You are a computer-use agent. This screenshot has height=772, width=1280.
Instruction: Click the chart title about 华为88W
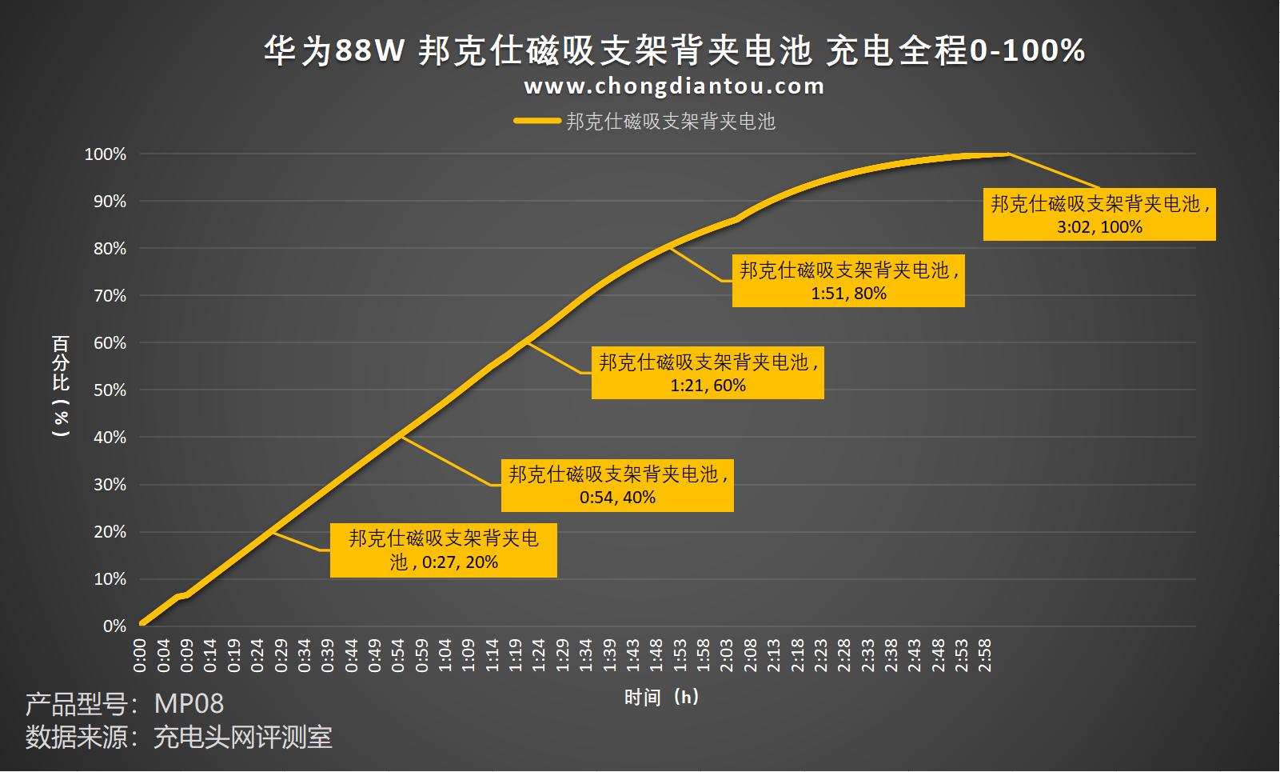coord(674,51)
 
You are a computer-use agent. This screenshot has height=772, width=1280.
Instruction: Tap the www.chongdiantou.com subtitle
coord(674,86)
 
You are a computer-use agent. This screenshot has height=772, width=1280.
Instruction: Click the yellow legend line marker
coord(536,122)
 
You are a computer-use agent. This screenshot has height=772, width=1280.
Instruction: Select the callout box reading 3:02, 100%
coord(1099,215)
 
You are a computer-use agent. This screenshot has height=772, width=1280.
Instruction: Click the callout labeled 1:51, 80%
coord(848,282)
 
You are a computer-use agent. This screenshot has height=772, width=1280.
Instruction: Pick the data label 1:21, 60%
coord(708,374)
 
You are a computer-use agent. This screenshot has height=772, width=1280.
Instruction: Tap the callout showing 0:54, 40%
coord(617,486)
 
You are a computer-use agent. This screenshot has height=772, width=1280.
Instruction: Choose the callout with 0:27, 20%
coord(444,550)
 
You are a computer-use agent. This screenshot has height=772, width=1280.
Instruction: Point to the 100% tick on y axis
coord(106,154)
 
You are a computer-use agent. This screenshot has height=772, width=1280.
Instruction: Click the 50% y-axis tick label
coord(110,390)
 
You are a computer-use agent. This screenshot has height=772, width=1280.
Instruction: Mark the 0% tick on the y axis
coord(114,626)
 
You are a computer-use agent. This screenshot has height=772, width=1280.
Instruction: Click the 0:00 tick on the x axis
coord(140,655)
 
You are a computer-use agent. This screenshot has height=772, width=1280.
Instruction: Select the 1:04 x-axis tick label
coord(445,655)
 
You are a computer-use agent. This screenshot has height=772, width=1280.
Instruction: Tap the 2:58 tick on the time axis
coord(984,655)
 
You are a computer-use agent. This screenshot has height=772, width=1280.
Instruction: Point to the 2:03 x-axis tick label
coord(726,655)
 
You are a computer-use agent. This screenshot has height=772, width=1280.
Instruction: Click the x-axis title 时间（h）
coord(662,698)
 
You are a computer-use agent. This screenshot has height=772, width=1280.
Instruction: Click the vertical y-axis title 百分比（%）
coord(61,385)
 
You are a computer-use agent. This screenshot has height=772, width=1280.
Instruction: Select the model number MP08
coord(189,704)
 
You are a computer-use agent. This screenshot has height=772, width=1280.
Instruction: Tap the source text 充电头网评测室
coord(242,737)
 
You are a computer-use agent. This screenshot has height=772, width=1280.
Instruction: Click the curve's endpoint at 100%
coord(1007,154)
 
